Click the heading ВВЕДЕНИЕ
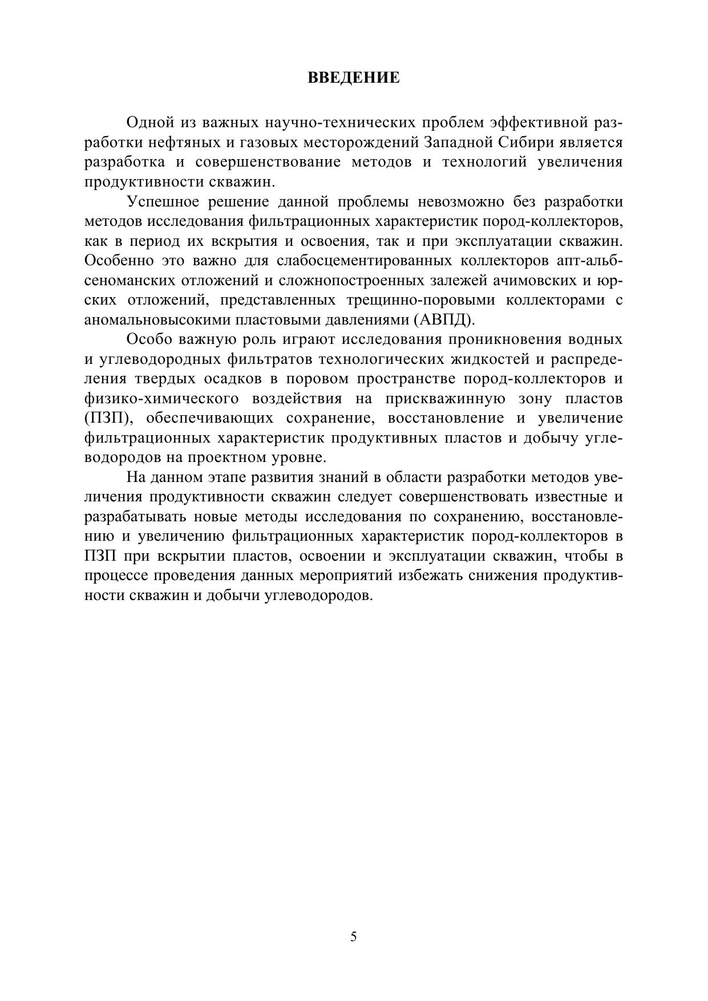[x=354, y=78]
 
